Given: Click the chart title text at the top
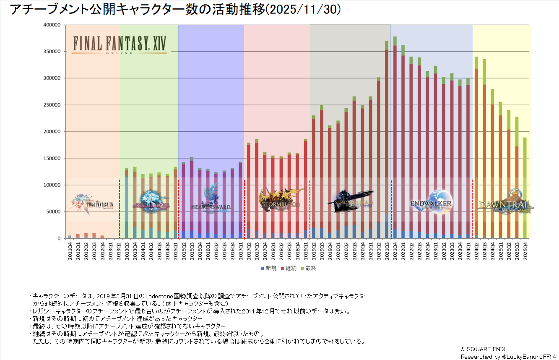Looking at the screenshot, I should [x=175, y=10].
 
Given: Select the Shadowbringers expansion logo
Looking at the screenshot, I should [x=352, y=201].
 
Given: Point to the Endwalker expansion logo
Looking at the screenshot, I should [x=432, y=202].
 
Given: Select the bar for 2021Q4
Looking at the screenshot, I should [x=395, y=138].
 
